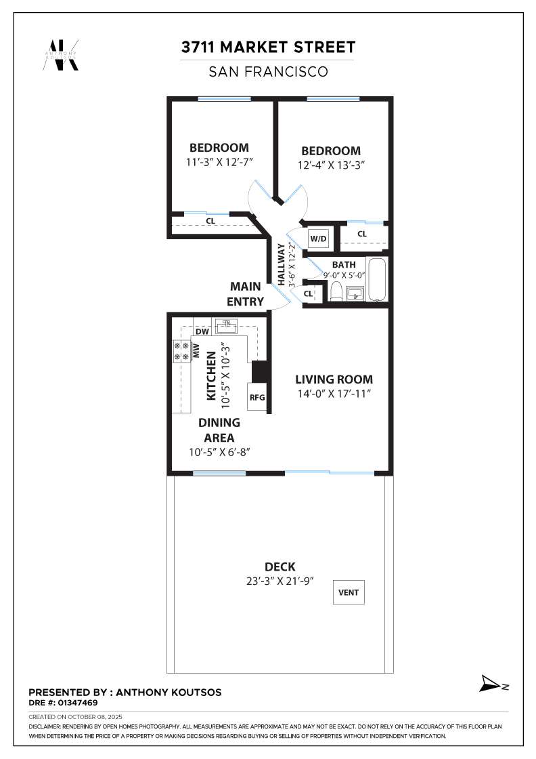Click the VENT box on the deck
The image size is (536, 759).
coord(349,592)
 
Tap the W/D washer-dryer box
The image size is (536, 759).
coord(319,238)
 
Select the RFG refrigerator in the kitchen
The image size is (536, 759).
coord(257,397)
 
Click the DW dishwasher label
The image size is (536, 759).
coord(202,331)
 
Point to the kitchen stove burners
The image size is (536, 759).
coord(181,352)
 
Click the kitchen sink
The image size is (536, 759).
coord(225,327)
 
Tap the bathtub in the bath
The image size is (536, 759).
coord(377,280)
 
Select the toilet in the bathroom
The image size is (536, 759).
coord(336,292)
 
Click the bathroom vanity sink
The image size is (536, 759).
coord(355,293)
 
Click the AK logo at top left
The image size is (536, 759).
coord(61,55)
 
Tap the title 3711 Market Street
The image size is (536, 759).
coord(268,47)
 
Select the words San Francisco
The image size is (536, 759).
coord(268,72)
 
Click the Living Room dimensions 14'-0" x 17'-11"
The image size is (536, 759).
coord(334,394)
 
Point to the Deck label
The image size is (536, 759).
coord(280,567)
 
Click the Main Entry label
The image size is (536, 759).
coord(246,294)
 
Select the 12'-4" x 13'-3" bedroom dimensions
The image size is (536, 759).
coord(331,165)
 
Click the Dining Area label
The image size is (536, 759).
coord(219,430)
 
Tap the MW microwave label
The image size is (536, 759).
coord(196,351)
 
